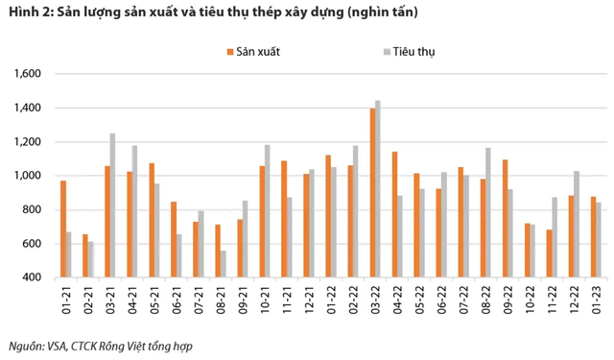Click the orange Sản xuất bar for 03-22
click(372, 192)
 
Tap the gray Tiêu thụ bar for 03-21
click(112, 205)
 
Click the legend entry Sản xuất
click(253, 50)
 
